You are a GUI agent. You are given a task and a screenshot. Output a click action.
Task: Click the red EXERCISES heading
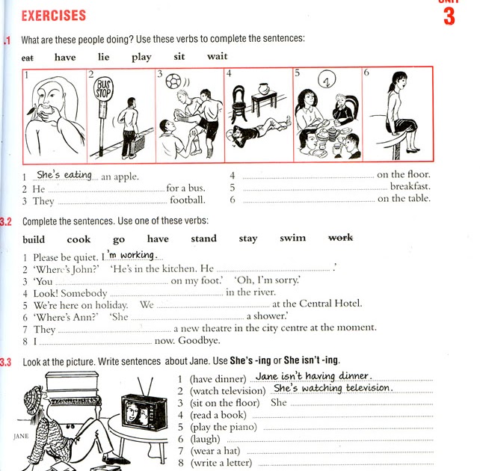(54, 15)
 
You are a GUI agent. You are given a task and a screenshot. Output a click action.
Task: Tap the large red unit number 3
(449, 16)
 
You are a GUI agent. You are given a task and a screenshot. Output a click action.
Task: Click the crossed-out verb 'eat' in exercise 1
(28, 57)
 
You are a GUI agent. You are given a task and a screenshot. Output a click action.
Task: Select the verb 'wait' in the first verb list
(218, 56)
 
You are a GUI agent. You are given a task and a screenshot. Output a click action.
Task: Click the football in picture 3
(173, 79)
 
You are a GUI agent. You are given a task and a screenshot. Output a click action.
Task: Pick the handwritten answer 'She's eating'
(64, 175)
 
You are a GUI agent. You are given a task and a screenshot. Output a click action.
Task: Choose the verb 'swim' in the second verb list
(292, 238)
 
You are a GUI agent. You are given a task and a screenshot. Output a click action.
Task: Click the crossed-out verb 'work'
(341, 238)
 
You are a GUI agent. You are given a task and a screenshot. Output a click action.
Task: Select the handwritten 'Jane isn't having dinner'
(313, 376)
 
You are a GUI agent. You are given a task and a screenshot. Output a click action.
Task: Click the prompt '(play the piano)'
(223, 427)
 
